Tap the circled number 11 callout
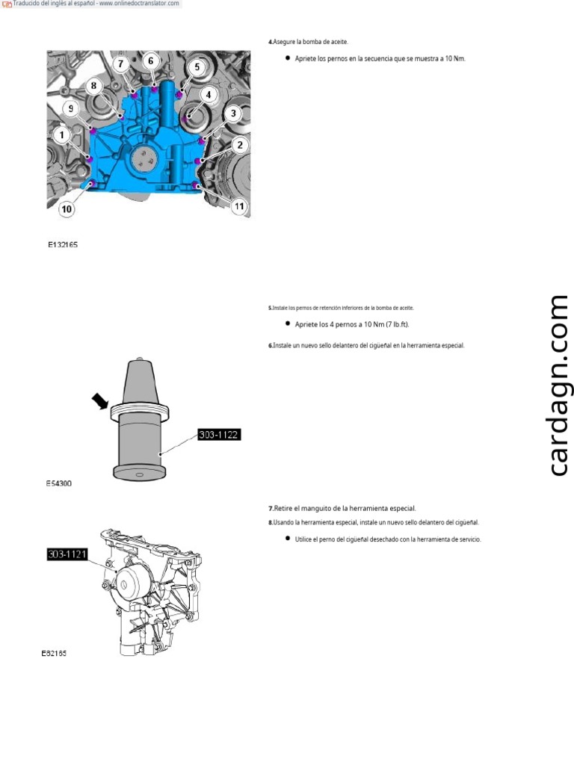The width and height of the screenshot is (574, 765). point(239,205)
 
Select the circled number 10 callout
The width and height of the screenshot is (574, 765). point(67,209)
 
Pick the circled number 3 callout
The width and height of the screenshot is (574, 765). point(234,114)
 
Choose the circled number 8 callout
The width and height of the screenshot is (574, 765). point(93,86)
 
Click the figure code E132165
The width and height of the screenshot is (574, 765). point(64,244)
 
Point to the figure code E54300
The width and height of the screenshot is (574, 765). point(59,483)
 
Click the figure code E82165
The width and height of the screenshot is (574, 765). point(54,653)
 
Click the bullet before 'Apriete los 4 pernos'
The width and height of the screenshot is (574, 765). point(288,324)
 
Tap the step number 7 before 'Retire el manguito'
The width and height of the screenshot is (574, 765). point(270,508)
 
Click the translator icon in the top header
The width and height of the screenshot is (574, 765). point(7,4)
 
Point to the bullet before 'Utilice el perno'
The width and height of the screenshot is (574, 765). point(288,539)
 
